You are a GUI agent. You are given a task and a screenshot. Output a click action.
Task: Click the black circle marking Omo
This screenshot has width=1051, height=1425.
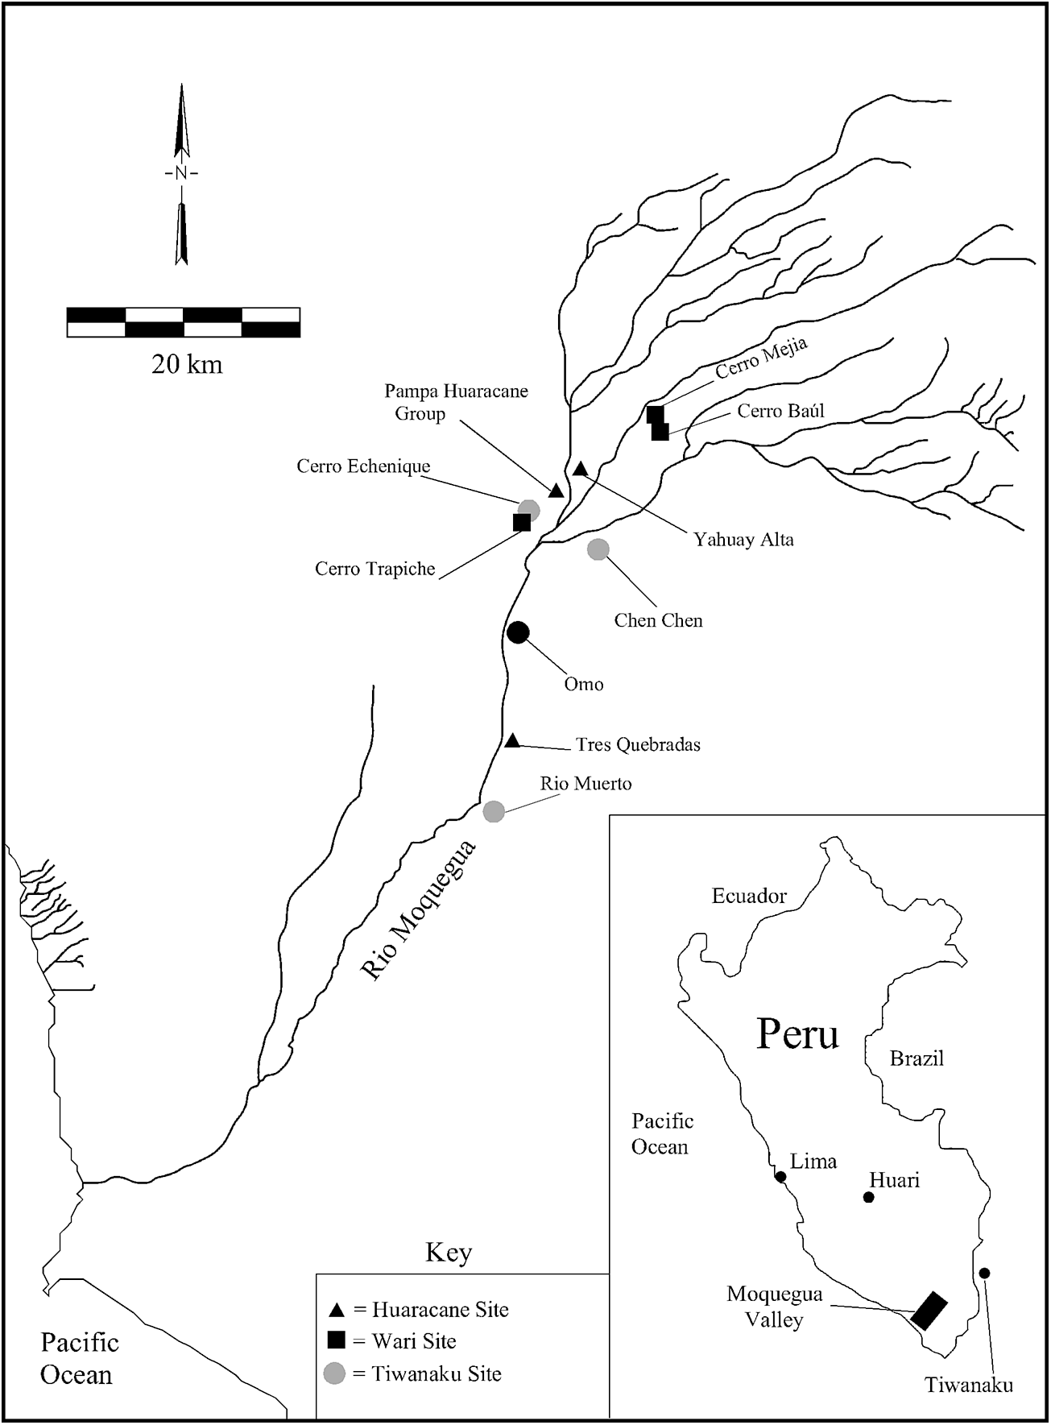518,632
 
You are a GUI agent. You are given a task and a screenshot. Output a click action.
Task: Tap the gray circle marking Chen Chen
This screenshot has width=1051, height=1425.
598,549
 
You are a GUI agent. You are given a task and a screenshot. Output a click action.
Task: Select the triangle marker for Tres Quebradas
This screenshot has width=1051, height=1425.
512,740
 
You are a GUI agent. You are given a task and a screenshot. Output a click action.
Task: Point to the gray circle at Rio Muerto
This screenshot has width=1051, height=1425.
494,811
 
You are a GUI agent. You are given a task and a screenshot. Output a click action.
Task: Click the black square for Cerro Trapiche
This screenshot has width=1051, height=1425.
522,522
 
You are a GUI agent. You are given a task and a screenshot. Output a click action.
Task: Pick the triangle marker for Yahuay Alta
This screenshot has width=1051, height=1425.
581,468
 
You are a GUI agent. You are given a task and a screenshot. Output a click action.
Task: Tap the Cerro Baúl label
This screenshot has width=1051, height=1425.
780,411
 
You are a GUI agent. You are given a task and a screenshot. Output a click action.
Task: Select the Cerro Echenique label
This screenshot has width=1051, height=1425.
363,466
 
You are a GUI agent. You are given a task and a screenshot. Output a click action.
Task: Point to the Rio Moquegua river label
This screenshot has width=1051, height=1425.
419,909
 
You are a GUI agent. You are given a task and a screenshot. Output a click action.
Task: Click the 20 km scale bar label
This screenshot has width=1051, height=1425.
187,364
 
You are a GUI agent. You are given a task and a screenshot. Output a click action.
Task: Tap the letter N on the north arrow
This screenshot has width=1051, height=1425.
181,173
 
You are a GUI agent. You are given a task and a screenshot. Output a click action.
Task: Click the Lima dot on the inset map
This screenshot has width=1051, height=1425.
780,1177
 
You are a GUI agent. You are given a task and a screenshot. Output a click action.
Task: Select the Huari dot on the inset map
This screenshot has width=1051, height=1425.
868,1197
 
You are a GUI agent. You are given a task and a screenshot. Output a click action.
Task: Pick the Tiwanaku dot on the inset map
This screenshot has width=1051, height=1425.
984,1273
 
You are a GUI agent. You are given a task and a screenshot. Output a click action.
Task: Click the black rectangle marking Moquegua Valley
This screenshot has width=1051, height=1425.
929,1310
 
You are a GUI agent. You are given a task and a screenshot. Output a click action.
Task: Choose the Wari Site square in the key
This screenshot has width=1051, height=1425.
337,1340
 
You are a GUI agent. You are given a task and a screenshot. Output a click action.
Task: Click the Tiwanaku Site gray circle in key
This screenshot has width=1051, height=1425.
334,1373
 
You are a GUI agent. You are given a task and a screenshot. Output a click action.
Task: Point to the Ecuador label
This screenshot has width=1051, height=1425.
749,896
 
